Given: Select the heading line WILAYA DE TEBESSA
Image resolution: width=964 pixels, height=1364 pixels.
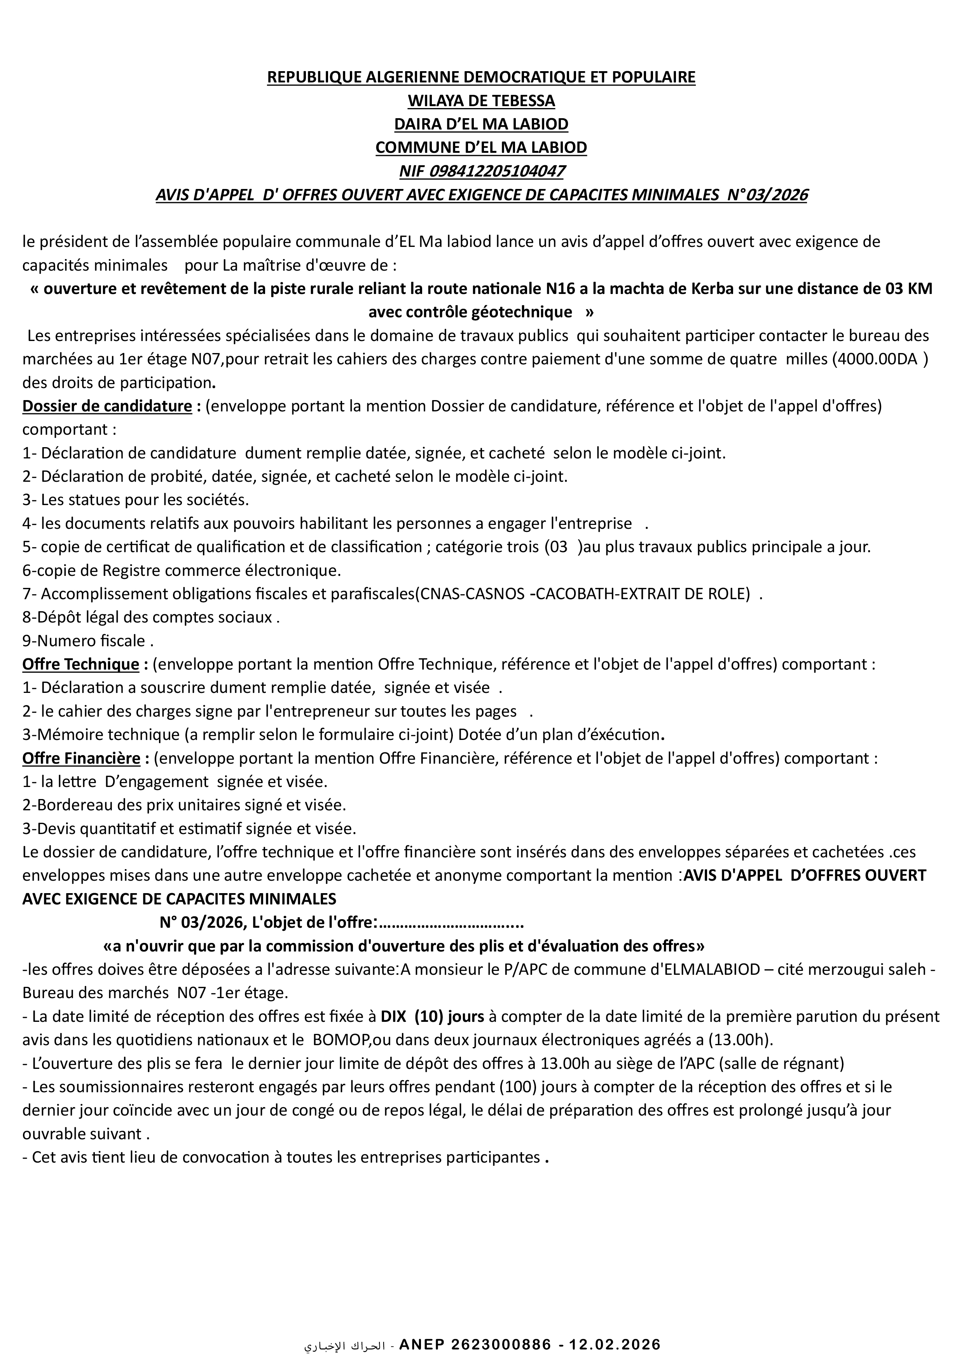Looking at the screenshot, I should pyautogui.click(x=481, y=101).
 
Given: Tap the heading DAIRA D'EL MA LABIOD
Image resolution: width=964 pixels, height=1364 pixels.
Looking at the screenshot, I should pyautogui.click(x=481, y=124).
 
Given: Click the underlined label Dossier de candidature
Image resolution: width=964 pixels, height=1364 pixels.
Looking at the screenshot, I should pyautogui.click(x=107, y=406).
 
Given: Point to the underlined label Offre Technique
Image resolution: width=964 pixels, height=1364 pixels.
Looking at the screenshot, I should pyautogui.click(x=81, y=664).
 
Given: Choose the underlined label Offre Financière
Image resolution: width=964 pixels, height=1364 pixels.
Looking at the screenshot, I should pyautogui.click(x=81, y=759).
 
